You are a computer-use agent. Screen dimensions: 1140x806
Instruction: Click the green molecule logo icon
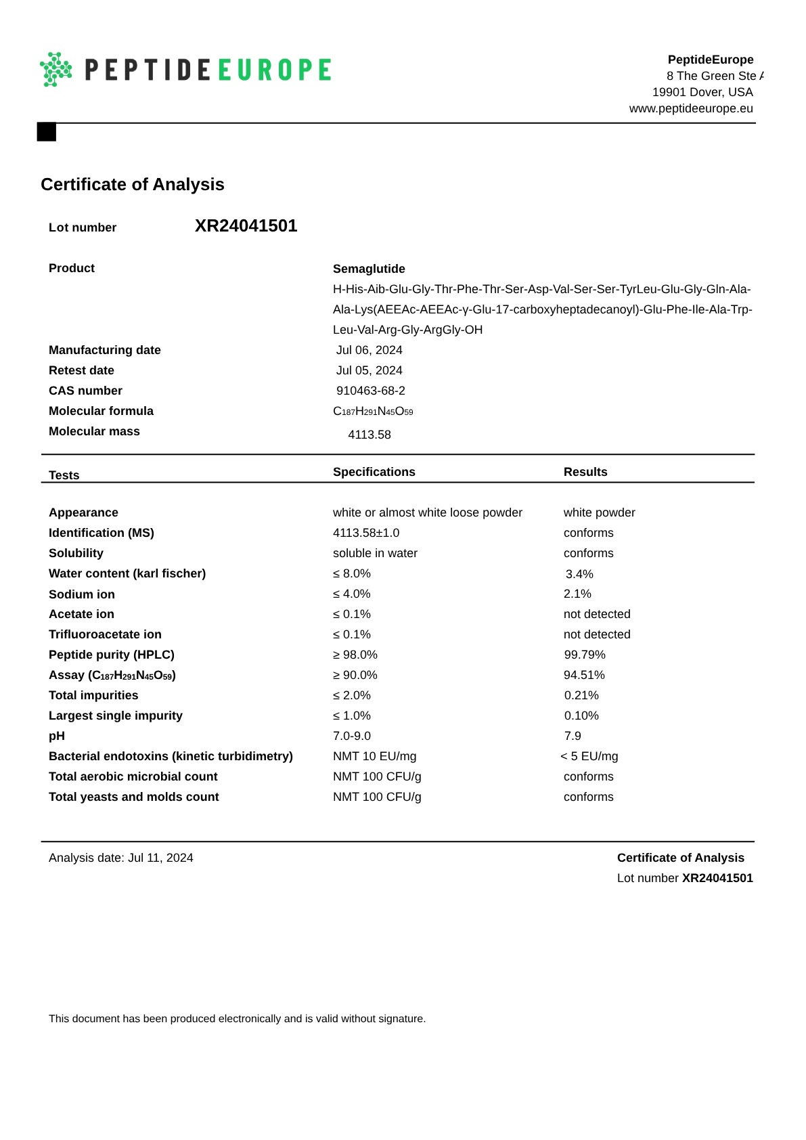coord(56,69)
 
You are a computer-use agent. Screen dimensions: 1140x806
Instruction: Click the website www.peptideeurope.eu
coord(690,108)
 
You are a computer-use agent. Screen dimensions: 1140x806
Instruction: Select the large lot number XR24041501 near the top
coord(246,226)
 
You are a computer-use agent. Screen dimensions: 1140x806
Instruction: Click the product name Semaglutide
coord(369,269)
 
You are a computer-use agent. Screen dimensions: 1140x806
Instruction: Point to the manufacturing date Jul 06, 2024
coord(369,350)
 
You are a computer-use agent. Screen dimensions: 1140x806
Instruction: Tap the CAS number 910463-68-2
coord(370,391)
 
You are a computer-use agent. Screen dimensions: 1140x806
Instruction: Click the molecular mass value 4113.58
coord(369,435)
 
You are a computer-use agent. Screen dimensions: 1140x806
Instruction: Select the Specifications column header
coord(374,472)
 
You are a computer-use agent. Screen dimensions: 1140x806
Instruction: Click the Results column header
coord(585,472)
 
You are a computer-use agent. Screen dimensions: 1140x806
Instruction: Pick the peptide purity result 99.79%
coord(584,655)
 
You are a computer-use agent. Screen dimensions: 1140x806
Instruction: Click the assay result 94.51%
coord(584,675)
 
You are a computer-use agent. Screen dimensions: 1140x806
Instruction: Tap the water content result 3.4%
coord(579,574)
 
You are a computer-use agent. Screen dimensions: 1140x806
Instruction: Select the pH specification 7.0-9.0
coord(351,736)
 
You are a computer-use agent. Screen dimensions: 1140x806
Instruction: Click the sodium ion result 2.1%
coord(577,594)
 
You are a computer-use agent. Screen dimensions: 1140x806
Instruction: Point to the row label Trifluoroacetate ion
coord(105,634)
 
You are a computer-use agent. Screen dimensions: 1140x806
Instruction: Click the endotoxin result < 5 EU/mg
coord(589,756)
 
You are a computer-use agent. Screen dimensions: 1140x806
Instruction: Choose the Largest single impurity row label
coord(115,716)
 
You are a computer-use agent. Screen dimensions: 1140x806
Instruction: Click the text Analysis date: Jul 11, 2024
coord(120,858)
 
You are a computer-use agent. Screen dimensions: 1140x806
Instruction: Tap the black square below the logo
coord(46,131)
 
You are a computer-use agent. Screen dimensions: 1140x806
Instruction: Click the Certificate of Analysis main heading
coord(132,184)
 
